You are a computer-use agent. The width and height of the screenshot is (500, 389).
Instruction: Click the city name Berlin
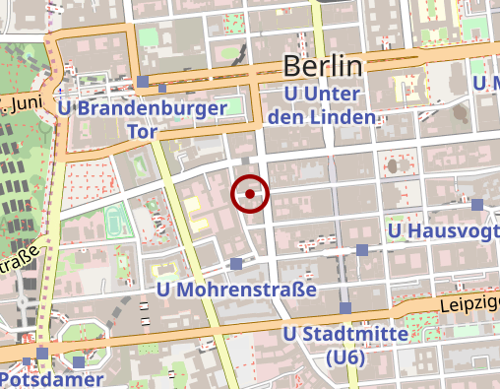323,67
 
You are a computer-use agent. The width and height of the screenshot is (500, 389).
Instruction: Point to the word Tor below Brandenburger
144,131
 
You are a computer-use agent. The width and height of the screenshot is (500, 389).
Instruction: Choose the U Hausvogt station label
442,231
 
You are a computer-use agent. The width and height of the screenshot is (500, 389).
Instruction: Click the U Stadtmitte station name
345,335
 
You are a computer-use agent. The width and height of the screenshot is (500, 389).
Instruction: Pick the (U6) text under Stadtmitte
346,357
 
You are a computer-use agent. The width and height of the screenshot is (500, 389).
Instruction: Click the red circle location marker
250,194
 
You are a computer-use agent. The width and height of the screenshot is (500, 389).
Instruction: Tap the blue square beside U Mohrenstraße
236,263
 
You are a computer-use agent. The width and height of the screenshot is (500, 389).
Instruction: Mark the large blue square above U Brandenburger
144,81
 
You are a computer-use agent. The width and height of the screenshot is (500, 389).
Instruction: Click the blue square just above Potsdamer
41,352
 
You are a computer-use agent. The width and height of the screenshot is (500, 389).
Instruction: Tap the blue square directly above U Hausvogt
477,204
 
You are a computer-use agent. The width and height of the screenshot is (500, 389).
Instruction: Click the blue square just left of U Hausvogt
362,250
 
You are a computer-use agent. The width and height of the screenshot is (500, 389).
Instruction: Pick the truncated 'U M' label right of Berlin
486,84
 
